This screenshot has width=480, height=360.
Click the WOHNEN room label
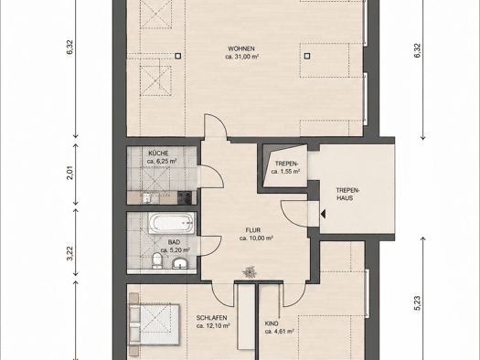coord(241,48)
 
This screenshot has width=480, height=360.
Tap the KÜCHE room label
coord(158,154)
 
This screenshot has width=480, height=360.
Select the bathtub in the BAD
coord(172,223)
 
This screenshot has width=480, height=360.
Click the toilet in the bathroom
coord(157,260)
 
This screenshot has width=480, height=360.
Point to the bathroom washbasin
coord(181,263)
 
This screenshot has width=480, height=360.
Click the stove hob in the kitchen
coord(185,197)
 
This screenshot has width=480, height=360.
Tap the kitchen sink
coord(151,198)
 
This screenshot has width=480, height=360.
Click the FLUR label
coord(253,230)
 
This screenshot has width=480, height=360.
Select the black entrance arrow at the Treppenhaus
coord(323,214)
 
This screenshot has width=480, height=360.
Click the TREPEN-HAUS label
coord(348,194)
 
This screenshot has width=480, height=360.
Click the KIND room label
coord(272,323)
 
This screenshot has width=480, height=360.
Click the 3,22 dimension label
coord(70,254)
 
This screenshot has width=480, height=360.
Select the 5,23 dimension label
coord(418,303)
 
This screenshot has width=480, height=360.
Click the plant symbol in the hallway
coord(250,272)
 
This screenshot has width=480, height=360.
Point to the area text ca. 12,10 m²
coord(213,326)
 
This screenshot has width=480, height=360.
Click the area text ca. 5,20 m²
coord(176,250)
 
